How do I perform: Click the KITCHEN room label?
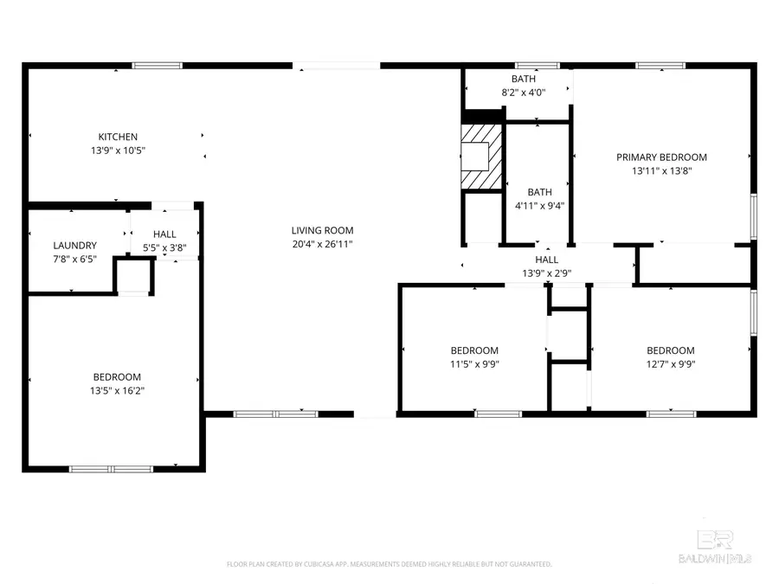click(x=118, y=137)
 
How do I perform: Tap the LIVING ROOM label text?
click(x=322, y=230)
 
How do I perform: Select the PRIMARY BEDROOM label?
click(x=661, y=157)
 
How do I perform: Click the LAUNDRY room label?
click(x=74, y=246)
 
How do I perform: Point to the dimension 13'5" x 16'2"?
click(x=117, y=391)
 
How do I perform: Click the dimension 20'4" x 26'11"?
click(x=322, y=244)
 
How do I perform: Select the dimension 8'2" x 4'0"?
click(x=523, y=93)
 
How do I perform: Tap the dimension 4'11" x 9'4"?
click(x=539, y=206)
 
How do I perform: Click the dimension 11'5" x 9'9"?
click(x=474, y=364)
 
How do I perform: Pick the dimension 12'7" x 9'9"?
click(x=671, y=364)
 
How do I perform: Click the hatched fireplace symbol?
click(x=480, y=156)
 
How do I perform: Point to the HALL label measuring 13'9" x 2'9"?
click(x=546, y=260)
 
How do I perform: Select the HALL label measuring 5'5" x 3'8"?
click(x=164, y=234)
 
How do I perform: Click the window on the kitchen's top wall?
click(x=157, y=65)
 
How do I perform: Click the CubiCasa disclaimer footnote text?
click(x=389, y=564)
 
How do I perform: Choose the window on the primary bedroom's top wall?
click(x=660, y=65)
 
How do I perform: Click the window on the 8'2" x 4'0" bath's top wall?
click(x=537, y=65)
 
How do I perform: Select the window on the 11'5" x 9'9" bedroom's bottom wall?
click(x=499, y=414)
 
